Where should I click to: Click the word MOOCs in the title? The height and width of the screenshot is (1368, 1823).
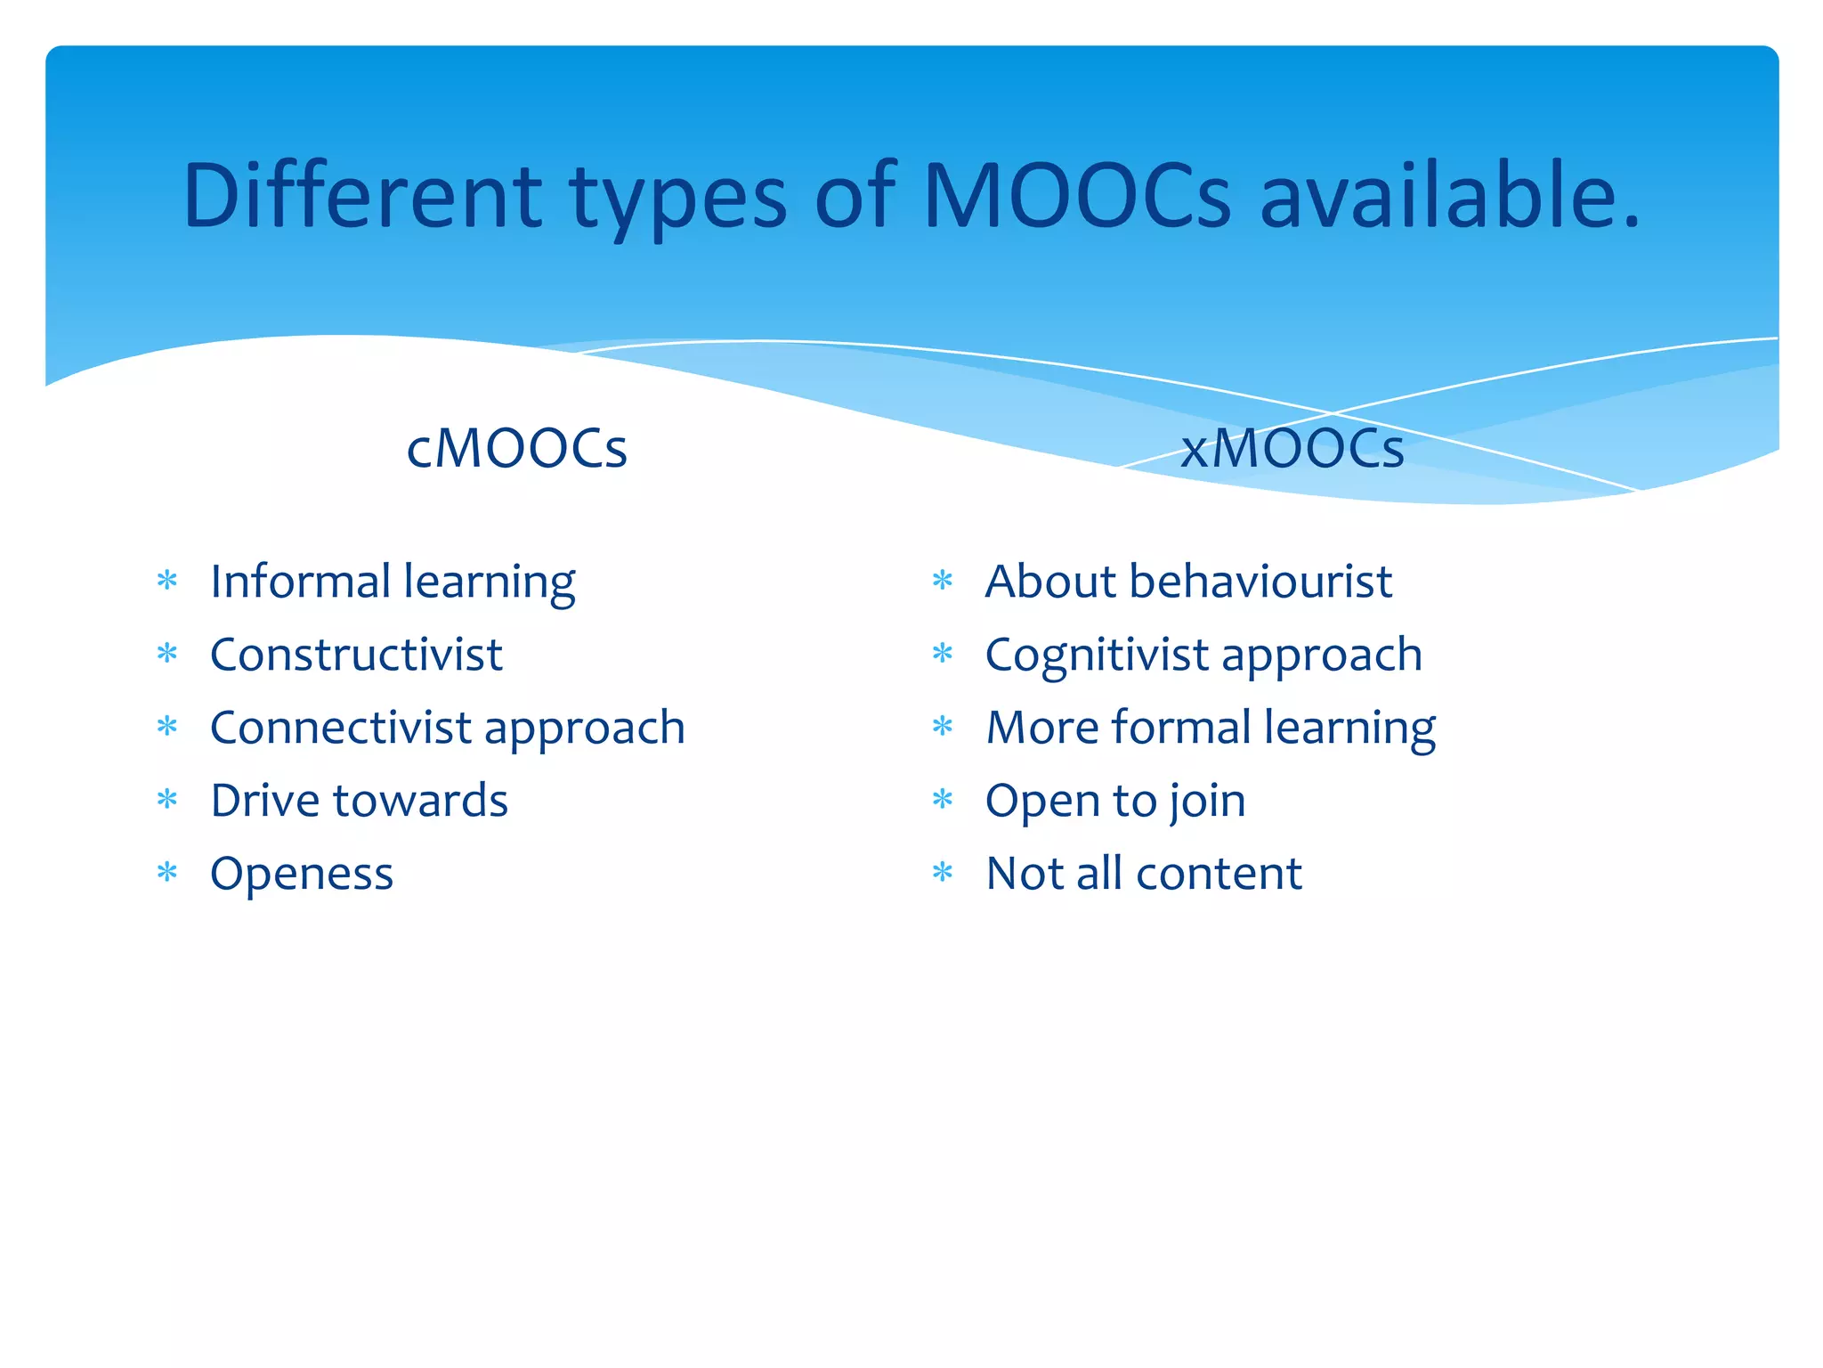(1077, 196)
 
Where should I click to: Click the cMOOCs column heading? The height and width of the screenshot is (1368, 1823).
(516, 448)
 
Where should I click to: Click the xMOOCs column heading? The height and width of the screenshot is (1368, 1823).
(1292, 448)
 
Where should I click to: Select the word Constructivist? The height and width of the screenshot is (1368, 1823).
(356, 655)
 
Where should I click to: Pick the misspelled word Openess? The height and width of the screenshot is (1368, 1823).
(302, 875)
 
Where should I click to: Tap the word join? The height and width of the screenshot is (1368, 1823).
(1207, 802)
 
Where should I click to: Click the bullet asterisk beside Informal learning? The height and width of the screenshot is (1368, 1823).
(167, 582)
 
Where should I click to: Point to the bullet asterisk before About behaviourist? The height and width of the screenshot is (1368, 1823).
(943, 582)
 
